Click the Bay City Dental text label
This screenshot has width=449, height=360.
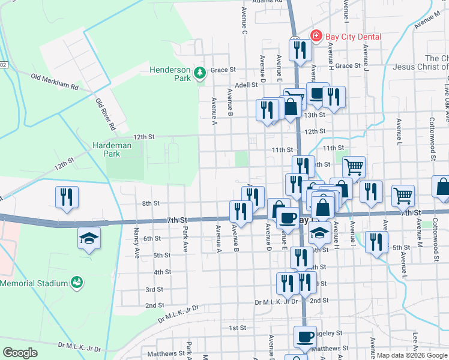[353, 37]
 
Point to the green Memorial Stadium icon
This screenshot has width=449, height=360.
[76, 281]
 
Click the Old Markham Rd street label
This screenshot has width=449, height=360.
[55, 82]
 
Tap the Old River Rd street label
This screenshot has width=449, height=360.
[105, 115]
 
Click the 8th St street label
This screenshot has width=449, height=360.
[150, 204]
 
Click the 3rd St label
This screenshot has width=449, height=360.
[154, 289]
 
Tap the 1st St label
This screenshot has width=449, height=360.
[238, 328]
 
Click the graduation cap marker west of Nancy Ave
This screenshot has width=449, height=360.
[88, 239]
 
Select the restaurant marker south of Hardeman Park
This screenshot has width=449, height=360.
[66, 197]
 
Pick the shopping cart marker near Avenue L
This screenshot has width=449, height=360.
[403, 195]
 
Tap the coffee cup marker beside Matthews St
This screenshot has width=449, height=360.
[304, 337]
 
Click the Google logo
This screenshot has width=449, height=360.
[20, 353]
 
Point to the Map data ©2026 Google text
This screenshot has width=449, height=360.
[412, 355]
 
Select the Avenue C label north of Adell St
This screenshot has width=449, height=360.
[244, 20]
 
